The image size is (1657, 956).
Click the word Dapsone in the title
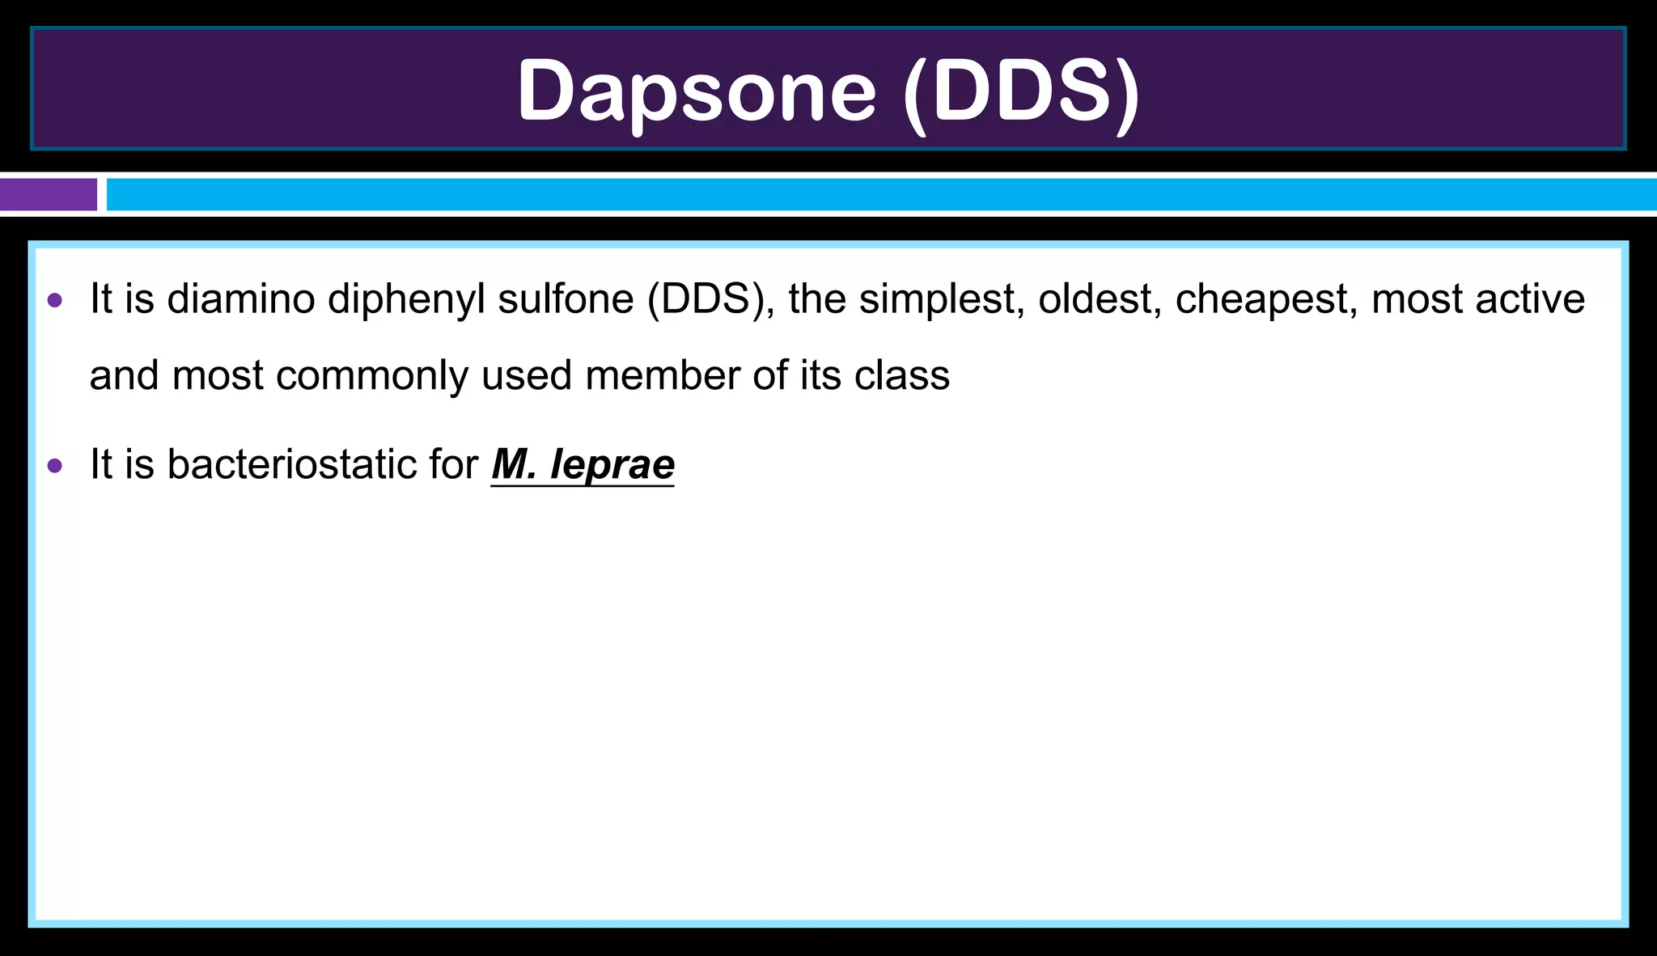click(697, 91)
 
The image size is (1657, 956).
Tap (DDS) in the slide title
click(1021, 91)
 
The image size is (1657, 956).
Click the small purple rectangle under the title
click(48, 195)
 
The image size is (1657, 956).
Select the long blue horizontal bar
click(880, 195)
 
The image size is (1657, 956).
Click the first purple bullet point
click(55, 301)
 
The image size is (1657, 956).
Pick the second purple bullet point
click(55, 465)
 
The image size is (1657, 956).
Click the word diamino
click(241, 299)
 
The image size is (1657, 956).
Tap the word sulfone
click(566, 299)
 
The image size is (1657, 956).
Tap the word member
click(663, 375)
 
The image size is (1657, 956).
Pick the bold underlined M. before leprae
click(515, 464)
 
